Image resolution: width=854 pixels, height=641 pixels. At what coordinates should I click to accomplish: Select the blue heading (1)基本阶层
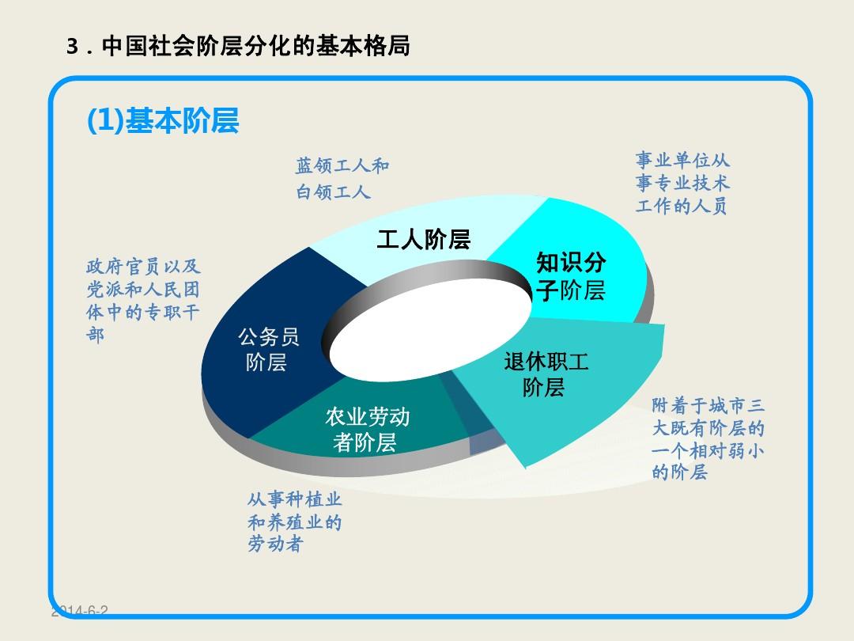[x=163, y=121]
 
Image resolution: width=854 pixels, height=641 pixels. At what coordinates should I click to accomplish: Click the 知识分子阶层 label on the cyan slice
[x=570, y=276]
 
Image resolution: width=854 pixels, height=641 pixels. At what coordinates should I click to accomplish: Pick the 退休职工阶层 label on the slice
[x=546, y=374]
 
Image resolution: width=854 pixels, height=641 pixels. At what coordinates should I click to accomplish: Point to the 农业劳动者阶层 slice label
[x=366, y=430]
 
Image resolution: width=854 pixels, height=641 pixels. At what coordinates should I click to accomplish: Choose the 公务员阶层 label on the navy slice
[x=268, y=350]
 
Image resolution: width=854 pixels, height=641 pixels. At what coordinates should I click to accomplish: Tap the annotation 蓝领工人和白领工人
[x=342, y=179]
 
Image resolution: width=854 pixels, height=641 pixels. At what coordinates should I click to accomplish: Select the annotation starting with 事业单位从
[x=682, y=184]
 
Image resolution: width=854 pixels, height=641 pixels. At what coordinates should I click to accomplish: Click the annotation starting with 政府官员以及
[x=142, y=300]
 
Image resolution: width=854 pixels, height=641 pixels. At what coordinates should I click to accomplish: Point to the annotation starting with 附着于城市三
[x=709, y=439]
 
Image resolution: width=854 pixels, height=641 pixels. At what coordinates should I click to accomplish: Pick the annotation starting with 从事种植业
[x=294, y=522]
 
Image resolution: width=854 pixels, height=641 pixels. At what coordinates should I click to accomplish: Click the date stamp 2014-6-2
[x=79, y=611]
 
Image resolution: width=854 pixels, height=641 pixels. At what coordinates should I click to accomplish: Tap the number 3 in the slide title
[x=72, y=47]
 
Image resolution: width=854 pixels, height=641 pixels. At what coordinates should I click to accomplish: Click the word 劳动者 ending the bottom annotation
[x=275, y=544]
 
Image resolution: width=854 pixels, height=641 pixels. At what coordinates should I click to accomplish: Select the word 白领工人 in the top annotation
[x=333, y=192]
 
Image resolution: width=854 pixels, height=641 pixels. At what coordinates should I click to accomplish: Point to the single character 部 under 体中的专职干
[x=95, y=335]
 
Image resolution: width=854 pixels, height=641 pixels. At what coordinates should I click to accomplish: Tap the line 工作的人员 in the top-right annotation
[x=681, y=207]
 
